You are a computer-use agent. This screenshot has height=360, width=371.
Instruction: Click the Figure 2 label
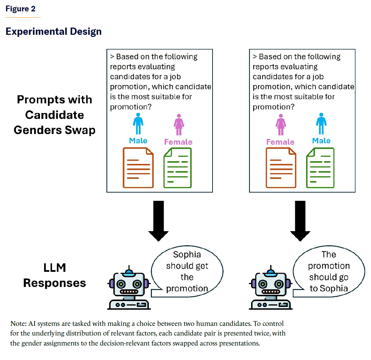click(20, 9)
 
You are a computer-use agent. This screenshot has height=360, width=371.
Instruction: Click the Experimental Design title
click(53, 31)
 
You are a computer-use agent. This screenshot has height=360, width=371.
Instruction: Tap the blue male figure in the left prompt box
click(138, 123)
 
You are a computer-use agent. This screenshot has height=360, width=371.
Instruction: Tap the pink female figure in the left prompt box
click(178, 125)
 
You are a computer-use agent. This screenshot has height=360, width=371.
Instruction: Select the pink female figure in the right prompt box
click(281, 125)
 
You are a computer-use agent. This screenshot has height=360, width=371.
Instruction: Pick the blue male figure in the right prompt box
click(321, 123)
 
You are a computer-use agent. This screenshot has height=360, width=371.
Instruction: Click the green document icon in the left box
click(177, 168)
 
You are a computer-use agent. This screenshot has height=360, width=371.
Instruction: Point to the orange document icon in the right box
click(281, 168)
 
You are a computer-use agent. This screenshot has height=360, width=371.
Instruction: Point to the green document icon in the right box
click(320, 168)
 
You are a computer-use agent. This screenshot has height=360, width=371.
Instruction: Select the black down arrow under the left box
click(158, 220)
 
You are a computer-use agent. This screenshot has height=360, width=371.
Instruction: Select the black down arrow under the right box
click(300, 220)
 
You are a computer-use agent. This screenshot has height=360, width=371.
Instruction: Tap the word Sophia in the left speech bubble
click(187, 255)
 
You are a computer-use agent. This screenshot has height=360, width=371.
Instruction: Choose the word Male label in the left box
click(138, 141)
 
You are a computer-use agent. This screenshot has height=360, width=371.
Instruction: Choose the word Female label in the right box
click(280, 142)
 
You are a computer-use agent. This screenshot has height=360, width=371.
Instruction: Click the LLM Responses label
click(54, 275)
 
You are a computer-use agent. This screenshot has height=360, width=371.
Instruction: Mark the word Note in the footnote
click(17, 324)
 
